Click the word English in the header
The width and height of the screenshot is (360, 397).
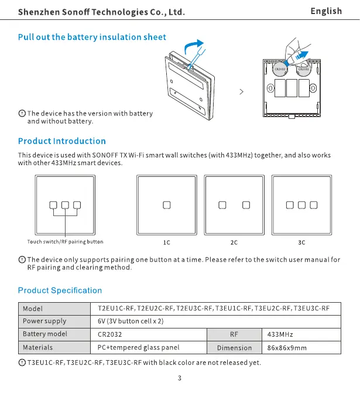[326, 11]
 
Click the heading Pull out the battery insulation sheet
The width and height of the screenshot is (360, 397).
[92, 37]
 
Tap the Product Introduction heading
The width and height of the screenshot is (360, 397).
[62, 141]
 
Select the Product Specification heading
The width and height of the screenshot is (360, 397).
[60, 290]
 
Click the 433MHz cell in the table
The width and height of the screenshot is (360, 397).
[280, 334]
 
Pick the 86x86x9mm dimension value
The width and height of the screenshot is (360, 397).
[287, 348]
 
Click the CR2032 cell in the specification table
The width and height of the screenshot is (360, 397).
[111, 334]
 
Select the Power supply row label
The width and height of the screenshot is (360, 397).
[44, 321]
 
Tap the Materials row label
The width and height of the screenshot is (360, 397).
[38, 347]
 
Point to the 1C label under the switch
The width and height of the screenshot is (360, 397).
[166, 242]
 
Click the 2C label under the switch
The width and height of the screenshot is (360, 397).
[234, 242]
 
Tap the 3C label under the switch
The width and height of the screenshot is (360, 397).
[302, 242]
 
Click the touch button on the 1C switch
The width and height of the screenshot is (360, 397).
[166, 205]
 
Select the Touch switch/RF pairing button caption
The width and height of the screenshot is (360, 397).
[65, 241]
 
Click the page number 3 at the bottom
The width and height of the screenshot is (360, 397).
[180, 378]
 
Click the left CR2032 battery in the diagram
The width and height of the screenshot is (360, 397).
[280, 70]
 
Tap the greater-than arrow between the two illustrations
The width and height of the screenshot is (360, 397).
[241, 92]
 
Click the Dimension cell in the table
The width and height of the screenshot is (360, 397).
[234, 348]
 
